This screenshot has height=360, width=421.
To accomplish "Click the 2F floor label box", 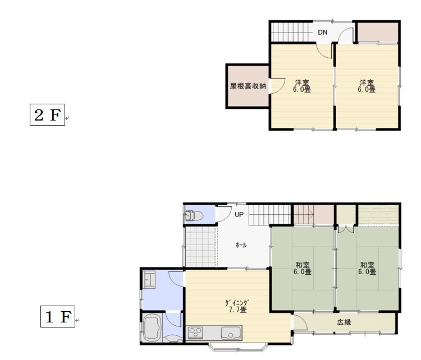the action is pos(47,114).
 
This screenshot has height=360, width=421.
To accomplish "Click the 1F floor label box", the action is pos(58,317).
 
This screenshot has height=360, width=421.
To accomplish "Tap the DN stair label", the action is pos(322,33).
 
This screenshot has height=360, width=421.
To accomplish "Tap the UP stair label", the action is pos(239,215).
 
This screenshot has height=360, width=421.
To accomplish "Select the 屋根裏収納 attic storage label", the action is pos(248,86).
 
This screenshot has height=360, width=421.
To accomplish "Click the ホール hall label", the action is pos(241,245).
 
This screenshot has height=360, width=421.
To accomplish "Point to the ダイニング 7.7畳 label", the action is pos(237,306).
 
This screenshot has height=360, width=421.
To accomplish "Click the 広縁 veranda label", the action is pos(344,322).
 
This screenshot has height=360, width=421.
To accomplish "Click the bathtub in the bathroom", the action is pos(153,327).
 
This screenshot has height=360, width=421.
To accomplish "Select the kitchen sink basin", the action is pos(230,333).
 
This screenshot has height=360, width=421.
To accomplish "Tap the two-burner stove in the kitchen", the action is pos(195,333).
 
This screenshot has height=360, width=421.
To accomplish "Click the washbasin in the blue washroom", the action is pos(149,280).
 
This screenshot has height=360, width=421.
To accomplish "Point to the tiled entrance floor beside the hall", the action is pos(200,247).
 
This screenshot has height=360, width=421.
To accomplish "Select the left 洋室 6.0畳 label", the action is pos(302,86).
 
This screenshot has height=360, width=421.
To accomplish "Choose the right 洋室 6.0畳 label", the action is pos(367,86).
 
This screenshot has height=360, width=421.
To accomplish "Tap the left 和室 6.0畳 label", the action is pos(303,268).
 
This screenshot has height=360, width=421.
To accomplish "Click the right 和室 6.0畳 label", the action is pos(367,268).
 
